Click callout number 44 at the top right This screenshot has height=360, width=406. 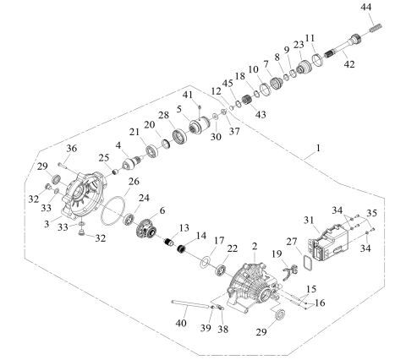pyautogui.click(x=365, y=8)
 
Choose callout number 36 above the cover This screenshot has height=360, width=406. pyautogui.click(x=71, y=150)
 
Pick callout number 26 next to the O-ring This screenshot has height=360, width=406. pyautogui.click(x=134, y=181)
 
